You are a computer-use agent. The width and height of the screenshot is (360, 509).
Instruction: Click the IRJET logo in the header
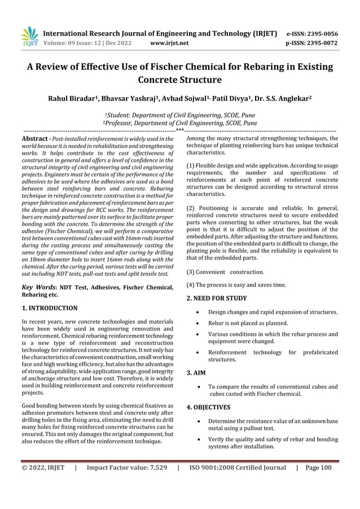click(29, 37)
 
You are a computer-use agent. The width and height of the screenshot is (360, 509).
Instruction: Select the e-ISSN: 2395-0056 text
click(313, 33)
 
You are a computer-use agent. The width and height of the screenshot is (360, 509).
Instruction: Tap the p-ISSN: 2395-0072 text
click(313, 42)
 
